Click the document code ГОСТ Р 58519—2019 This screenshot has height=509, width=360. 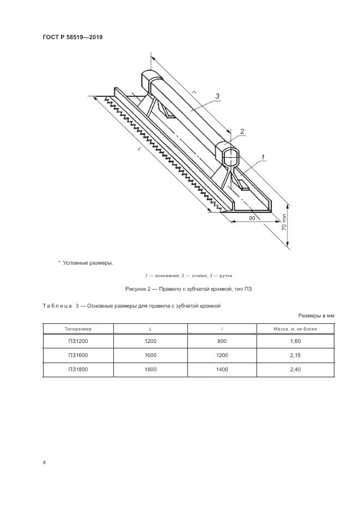(x=72, y=38)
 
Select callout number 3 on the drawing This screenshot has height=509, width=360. (x=217, y=96)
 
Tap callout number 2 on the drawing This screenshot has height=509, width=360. (x=242, y=131)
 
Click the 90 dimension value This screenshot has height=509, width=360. (x=252, y=218)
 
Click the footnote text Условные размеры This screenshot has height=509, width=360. (x=88, y=263)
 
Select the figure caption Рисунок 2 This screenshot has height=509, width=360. (x=188, y=289)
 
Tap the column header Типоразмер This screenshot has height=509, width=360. (x=78, y=329)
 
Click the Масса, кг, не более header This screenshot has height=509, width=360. (x=297, y=329)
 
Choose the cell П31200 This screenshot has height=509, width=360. (x=78, y=341)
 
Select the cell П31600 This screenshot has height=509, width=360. (x=78, y=355)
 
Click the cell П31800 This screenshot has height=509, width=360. (x=78, y=369)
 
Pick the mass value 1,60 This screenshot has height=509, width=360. (x=297, y=341)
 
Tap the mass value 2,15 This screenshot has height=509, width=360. (x=297, y=355)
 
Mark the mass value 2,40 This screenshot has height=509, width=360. (x=297, y=369)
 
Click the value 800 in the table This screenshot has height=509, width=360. (x=224, y=341)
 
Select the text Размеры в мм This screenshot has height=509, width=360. (x=316, y=316)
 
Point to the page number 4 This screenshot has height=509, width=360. (x=44, y=462)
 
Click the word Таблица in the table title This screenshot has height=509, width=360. (x=57, y=306)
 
